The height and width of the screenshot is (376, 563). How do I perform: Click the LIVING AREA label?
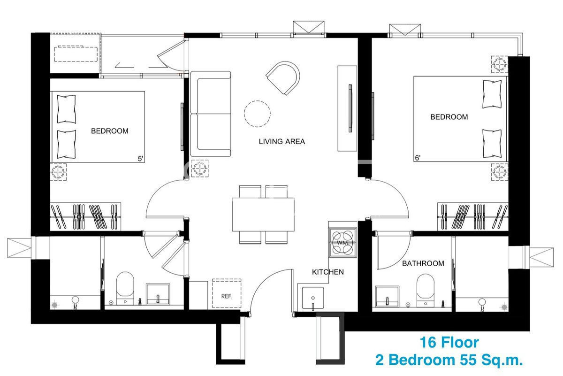(282, 141)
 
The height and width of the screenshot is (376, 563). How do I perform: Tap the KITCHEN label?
(328, 272)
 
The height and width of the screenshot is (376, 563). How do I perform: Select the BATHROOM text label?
(423, 263)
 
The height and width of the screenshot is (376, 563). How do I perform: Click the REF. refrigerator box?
(227, 293)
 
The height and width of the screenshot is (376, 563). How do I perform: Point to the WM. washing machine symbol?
(343, 243)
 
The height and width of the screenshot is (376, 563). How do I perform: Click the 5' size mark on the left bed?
(140, 159)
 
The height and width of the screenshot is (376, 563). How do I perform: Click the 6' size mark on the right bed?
(418, 158)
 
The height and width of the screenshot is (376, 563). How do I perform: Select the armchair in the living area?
(283, 78)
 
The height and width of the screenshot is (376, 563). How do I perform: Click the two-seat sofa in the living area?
(210, 114)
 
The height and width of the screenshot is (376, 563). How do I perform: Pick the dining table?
(263, 215)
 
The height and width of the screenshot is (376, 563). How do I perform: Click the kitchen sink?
(312, 298)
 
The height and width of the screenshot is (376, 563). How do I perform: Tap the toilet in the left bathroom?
(125, 288)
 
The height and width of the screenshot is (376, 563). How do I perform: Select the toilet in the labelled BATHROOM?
(425, 291)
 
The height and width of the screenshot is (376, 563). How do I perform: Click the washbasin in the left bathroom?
(158, 294)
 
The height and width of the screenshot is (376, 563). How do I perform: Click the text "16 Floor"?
(449, 343)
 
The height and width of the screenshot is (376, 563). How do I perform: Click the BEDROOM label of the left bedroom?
(110, 131)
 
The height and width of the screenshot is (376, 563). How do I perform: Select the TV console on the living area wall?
(347, 108)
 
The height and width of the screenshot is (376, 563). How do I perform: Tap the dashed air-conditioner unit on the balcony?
(76, 54)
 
